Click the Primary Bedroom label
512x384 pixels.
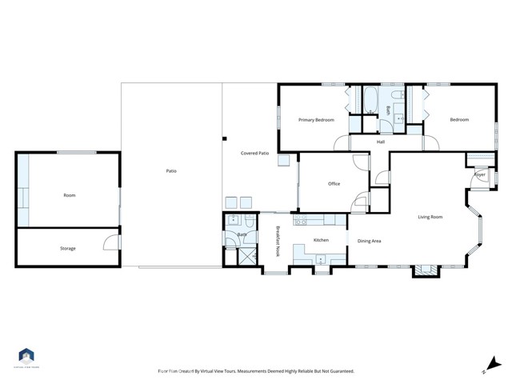pos(316,120)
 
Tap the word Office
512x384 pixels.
pos(334,184)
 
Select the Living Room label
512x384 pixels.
pos(430,217)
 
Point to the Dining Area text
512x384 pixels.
pos(369,241)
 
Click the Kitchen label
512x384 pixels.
pos(321,240)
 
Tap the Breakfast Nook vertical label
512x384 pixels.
pos(278,241)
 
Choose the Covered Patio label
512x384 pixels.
pos(254,152)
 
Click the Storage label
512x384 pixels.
pos(68,249)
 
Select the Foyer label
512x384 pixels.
pos(480,174)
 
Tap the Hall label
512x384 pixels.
pos(381,142)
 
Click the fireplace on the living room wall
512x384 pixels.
pos(425,270)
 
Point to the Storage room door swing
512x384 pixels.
pos(112,238)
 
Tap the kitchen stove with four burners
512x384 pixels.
pos(302,220)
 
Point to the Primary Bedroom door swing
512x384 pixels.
pos(342,141)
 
